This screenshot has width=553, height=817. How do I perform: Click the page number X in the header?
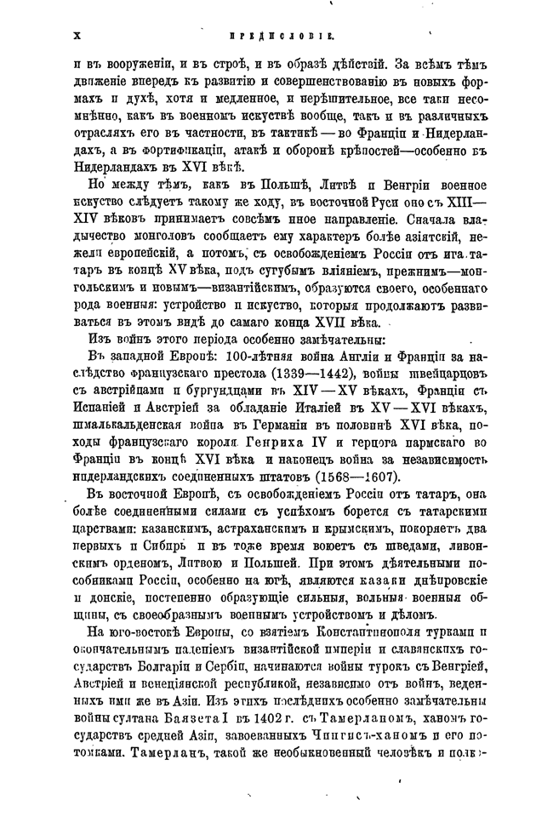tap(77, 36)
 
